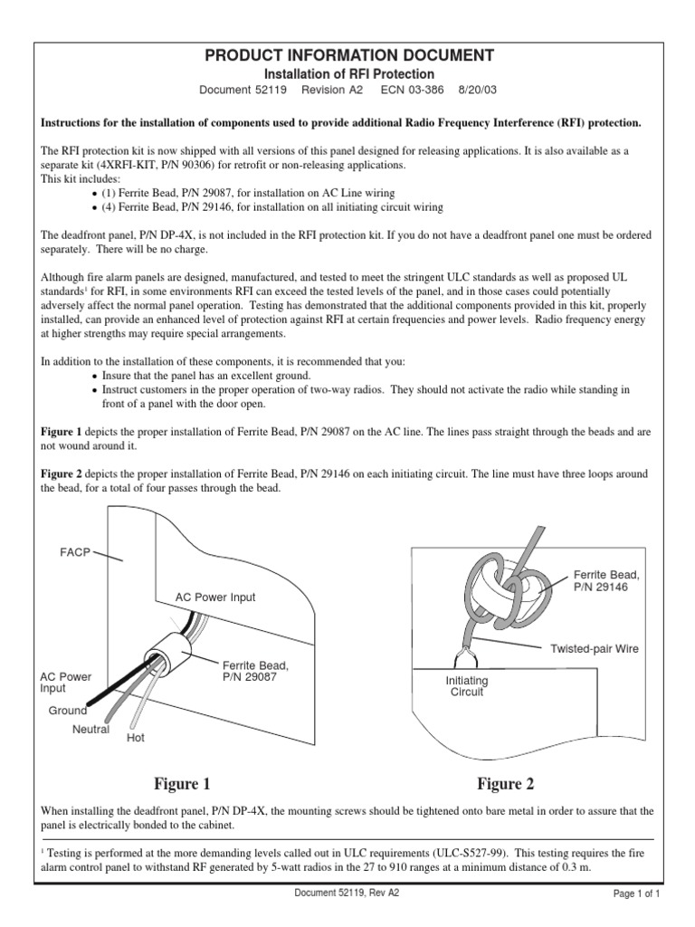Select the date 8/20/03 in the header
coord(479,91)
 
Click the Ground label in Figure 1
coord(68,711)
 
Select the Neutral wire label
coord(90,729)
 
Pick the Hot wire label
coord(135,738)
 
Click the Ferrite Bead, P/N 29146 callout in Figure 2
coord(607,581)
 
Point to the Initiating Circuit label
coord(467,686)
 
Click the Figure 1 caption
coord(182,784)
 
